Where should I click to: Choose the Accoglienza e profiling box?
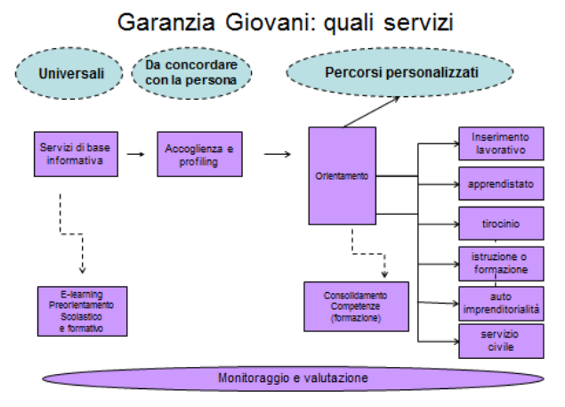[x=199, y=153]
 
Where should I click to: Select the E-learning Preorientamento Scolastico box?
[x=84, y=309]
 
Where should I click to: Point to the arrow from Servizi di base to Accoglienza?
[x=136, y=154]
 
